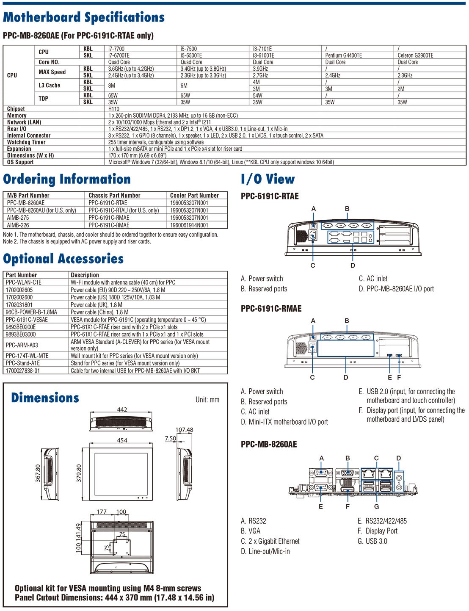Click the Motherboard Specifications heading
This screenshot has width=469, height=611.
pyautogui.click(x=83, y=17)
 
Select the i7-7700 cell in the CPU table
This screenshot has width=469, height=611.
pyautogui.click(x=116, y=49)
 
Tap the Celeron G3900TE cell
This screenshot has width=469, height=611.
pyautogui.click(x=415, y=55)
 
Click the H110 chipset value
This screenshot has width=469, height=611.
pyautogui.click(x=114, y=109)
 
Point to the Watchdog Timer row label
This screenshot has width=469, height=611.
pyautogui.click(x=26, y=142)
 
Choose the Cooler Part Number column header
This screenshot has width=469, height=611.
pyautogui.click(x=194, y=195)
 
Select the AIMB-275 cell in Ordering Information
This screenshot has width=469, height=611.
pyautogui.click(x=18, y=218)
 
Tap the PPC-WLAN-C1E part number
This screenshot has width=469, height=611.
pyautogui.click(x=24, y=282)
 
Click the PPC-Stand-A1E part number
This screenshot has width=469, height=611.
pyautogui.click(x=23, y=363)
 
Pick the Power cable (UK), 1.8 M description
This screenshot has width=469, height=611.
pyautogui.click(x=97, y=304)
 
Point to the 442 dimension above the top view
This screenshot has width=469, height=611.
pyautogui.click(x=122, y=409)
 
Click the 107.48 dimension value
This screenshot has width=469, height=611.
pyautogui.click(x=184, y=430)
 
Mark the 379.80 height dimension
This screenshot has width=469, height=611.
pyautogui.click(x=79, y=473)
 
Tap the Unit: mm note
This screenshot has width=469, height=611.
pyautogui.click(x=207, y=400)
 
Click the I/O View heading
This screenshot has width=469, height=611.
pyautogui.click(x=268, y=179)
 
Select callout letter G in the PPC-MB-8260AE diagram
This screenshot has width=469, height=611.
pyautogui.click(x=377, y=506)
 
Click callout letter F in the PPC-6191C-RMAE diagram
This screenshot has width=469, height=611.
pyautogui.click(x=399, y=377)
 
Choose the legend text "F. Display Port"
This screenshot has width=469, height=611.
pyautogui.click(x=378, y=531)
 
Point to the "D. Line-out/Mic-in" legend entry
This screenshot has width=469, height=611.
pyautogui.click(x=265, y=551)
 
